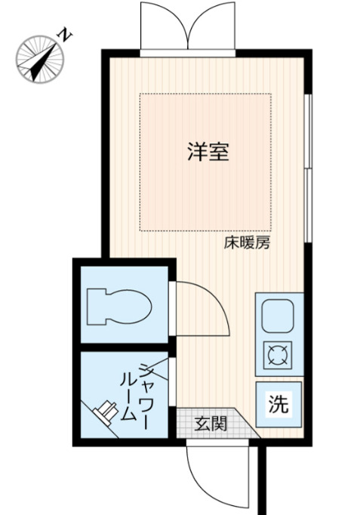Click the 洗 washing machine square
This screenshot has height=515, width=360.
(x=278, y=402)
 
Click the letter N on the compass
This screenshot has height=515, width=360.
(x=67, y=35)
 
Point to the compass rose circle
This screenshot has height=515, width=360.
(x=38, y=58)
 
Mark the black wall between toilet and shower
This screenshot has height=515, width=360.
(x=125, y=347)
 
